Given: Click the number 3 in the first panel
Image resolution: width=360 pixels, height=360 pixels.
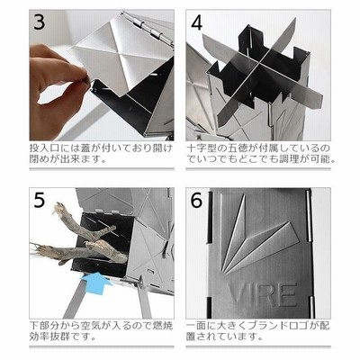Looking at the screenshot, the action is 40,22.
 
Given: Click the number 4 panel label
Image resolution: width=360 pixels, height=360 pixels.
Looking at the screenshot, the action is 197,22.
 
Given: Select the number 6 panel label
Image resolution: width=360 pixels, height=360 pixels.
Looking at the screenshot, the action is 196,200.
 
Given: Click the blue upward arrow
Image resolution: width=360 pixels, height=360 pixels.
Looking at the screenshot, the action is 95,281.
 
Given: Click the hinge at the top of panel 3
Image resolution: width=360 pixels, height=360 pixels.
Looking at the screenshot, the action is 147,28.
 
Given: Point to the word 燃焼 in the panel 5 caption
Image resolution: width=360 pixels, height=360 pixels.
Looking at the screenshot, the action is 162,326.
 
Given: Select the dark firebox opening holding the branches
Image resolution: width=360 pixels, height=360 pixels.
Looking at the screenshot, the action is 101,243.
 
